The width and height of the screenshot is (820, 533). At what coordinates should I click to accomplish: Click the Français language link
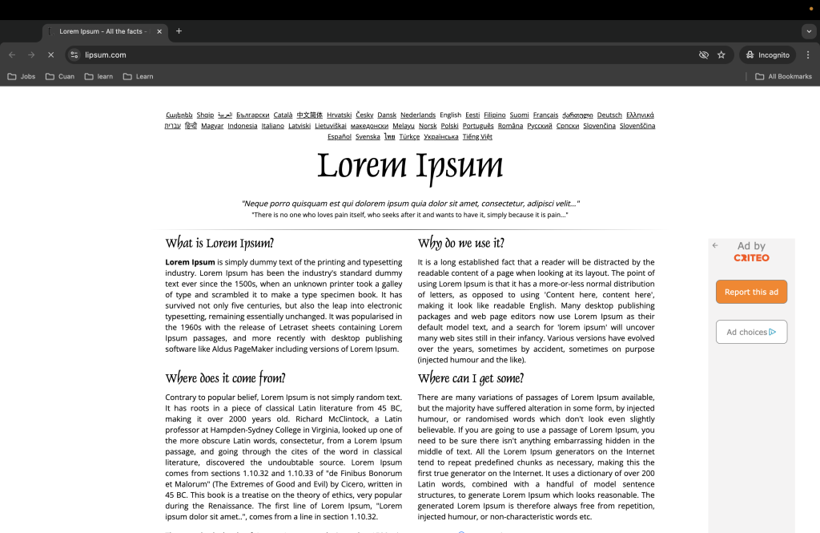[545, 115]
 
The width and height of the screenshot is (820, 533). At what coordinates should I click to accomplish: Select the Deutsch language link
[609, 115]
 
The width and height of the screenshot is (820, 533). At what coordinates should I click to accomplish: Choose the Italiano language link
[272, 126]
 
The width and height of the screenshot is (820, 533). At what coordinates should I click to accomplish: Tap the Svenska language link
[368, 137]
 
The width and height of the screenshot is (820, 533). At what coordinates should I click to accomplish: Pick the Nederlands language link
[418, 115]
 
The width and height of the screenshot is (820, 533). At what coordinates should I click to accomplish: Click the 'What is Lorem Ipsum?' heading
[219, 244]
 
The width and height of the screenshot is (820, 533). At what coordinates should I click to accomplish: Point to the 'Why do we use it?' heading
[461, 244]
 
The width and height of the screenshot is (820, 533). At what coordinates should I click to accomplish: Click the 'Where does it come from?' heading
[225, 378]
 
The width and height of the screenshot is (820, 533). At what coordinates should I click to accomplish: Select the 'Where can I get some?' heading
[471, 378]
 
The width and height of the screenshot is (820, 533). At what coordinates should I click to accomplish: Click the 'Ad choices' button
[751, 332]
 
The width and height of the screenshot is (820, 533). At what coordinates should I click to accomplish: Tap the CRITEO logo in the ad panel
[751, 257]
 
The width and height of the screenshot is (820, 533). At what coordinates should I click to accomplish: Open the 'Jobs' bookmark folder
[22, 76]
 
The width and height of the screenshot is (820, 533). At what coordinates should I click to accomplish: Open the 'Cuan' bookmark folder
[60, 76]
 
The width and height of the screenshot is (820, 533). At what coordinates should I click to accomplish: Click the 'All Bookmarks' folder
[783, 76]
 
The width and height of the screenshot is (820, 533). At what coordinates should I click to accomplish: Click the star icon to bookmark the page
[722, 55]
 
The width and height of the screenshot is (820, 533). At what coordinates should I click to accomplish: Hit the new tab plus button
[179, 31]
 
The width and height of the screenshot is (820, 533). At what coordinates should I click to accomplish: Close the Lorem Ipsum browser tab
[159, 31]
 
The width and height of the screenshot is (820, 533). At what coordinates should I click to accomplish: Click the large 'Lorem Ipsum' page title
[410, 166]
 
